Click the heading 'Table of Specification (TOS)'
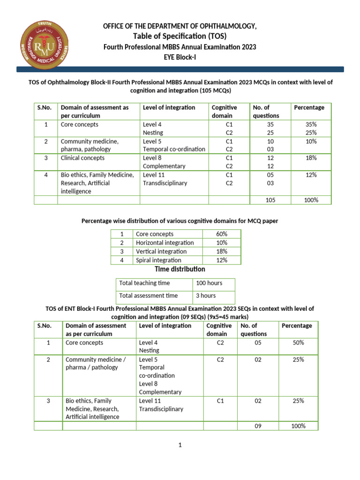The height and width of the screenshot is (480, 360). [180, 37]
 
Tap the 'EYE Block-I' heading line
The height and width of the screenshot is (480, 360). [180, 58]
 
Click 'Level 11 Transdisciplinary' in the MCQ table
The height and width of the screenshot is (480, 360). [165, 179]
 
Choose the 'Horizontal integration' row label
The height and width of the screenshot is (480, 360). [165, 243]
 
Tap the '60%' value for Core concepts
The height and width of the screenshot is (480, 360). [222, 234]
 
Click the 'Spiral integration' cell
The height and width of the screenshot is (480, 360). [158, 260]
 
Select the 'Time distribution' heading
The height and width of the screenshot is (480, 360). [180, 270]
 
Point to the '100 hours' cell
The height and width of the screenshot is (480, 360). [209, 283]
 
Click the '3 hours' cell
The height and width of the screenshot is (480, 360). [206, 296]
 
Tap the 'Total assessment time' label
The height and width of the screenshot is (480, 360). [148, 296]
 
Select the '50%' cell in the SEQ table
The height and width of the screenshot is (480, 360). [298, 343]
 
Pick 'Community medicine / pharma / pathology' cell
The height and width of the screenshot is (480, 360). [96, 364]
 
